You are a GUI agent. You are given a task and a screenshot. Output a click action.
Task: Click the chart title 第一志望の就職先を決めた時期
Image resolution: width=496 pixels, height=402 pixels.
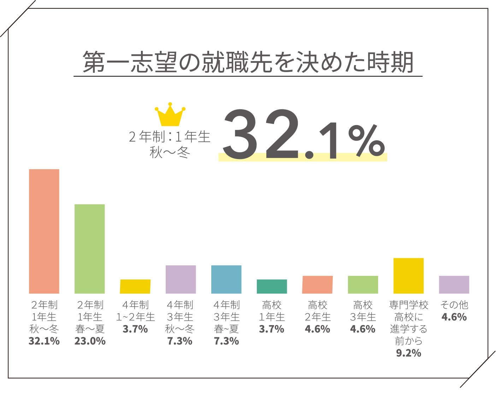coord(248,63)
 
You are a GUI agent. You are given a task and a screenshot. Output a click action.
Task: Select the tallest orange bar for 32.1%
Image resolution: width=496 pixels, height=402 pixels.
coord(44,231)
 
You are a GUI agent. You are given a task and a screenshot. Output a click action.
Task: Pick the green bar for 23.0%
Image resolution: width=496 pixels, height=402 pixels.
coord(90,249)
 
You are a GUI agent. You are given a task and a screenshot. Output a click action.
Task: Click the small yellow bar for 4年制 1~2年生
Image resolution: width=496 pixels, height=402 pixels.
coord(135,286)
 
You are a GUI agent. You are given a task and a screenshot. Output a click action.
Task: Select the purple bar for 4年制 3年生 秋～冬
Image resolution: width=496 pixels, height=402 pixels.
coord(181,279)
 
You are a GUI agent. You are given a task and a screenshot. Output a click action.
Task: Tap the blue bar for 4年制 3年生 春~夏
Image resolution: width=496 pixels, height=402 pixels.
coord(226,279)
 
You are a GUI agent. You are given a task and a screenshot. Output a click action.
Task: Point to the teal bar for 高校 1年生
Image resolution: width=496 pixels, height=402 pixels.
coord(272,286)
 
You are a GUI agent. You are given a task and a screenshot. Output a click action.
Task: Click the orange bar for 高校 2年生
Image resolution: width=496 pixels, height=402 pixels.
coord(318,285)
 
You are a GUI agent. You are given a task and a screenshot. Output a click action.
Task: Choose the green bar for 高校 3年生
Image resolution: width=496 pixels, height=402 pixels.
coord(363,285)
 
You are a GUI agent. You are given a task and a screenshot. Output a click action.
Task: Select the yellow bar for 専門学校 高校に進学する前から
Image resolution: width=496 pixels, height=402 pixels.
coord(408,276)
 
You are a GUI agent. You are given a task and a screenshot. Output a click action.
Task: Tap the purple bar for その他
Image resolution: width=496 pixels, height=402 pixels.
coord(454,285)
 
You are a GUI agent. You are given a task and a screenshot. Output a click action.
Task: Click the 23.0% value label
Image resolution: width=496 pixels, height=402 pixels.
coord(90,341)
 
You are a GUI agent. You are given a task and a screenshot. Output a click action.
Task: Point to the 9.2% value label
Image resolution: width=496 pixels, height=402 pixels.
coord(408,353)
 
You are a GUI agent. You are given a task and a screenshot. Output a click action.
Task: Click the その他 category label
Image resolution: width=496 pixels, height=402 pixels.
coord(454,305)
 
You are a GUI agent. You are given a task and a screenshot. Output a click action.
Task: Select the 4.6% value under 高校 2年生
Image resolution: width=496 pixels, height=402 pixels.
coord(318,329)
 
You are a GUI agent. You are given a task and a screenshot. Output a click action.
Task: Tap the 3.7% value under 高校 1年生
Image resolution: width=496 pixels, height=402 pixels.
coord(272,329)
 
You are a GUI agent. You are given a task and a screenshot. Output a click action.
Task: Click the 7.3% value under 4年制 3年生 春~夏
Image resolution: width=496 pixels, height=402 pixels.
coord(226,341)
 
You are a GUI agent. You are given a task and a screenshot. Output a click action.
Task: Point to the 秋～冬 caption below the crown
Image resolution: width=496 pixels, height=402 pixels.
coord(170,153)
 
